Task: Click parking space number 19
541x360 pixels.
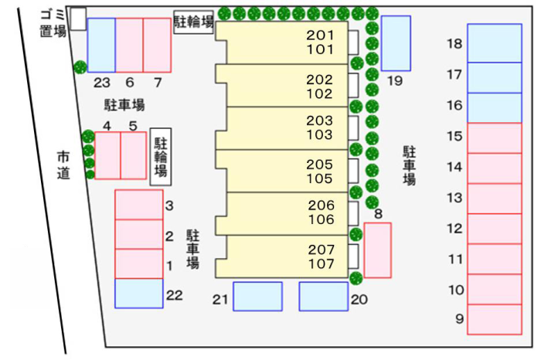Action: click(x=396, y=43)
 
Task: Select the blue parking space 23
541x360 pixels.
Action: click(x=101, y=45)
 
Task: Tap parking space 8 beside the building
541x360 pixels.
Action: click(x=377, y=250)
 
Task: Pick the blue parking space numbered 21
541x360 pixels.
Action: click(x=257, y=296)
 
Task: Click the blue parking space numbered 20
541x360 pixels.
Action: click(x=324, y=296)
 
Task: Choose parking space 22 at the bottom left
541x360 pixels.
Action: click(x=138, y=294)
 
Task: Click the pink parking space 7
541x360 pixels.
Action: click(x=157, y=45)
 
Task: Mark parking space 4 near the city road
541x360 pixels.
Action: click(x=107, y=155)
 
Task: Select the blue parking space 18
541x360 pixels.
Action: click(x=495, y=43)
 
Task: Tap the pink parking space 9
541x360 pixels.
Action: click(x=495, y=319)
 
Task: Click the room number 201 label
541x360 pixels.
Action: click(x=320, y=36)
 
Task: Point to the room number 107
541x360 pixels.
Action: click(x=322, y=263)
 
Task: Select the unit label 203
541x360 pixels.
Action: click(x=319, y=121)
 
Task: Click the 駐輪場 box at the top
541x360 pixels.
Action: click(x=193, y=22)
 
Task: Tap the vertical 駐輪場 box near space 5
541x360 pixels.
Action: click(x=161, y=157)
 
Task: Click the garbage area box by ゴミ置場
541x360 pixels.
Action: click(x=78, y=19)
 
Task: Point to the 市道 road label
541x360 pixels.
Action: click(x=63, y=165)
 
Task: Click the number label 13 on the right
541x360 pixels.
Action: click(x=454, y=198)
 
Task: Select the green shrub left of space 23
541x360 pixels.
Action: click(x=80, y=67)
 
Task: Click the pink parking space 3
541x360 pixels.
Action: click(x=138, y=205)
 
